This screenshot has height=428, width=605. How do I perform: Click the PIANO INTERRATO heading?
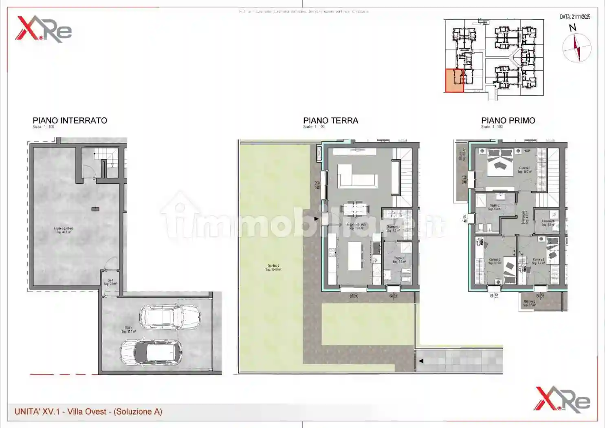click(70, 121)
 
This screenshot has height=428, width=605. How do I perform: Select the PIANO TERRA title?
click(330, 121)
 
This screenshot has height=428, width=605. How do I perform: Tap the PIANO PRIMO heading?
click(508, 121)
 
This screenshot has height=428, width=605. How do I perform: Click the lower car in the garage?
click(151, 352)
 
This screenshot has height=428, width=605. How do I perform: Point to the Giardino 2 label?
click(273, 267)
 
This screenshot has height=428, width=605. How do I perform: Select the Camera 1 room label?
click(524, 170)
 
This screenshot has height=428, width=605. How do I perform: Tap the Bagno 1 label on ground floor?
click(399, 260)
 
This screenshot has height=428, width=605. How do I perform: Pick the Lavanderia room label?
click(548, 223)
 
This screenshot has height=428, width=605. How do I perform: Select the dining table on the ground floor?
click(355, 209)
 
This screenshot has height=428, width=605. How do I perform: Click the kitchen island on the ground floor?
click(356, 256)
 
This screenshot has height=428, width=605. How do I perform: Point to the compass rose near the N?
click(576, 48)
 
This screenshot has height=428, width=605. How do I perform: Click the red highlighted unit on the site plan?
click(454, 80)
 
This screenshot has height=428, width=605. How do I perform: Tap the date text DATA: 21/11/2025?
click(575, 17)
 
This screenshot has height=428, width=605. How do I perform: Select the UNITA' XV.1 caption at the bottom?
click(88, 412)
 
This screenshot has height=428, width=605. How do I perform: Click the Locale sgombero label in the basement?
click(64, 230)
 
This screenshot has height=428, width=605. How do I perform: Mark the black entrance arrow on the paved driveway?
click(421, 361)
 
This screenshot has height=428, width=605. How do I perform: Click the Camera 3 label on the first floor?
click(538, 261)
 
